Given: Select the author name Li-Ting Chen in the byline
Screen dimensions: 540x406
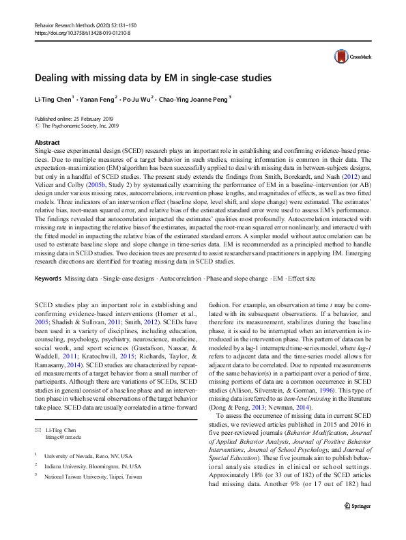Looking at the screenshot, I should coord(53,98).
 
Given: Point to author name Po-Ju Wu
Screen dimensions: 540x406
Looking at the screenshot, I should coord(139,98).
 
